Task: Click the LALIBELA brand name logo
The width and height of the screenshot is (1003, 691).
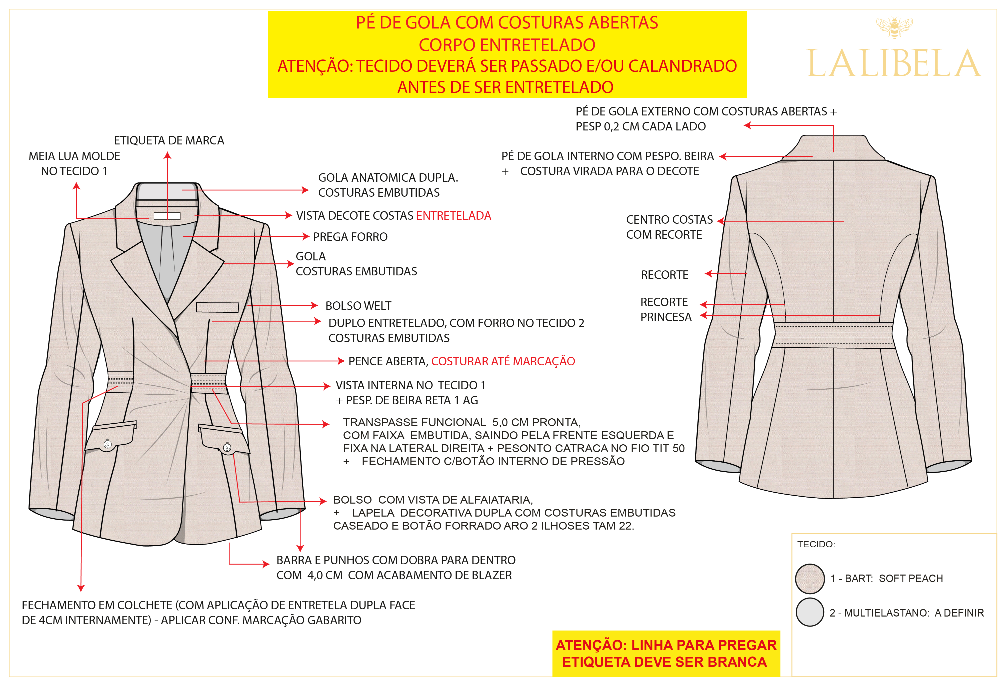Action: click(893, 64)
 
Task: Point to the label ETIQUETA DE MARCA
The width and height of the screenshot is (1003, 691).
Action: click(169, 140)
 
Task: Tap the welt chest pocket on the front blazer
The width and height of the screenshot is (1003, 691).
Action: click(217, 307)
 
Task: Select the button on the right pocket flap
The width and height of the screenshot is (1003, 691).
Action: click(227, 448)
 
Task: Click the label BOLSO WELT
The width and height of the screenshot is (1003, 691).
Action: click(358, 306)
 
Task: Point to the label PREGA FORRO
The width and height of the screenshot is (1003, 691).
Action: click(350, 237)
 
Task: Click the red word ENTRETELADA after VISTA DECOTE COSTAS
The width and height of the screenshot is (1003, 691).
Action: click(453, 216)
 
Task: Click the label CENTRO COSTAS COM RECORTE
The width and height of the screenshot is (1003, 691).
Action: click(669, 227)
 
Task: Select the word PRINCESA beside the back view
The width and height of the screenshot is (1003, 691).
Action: click(666, 317)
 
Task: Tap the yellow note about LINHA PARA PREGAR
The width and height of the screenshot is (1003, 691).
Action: click(666, 653)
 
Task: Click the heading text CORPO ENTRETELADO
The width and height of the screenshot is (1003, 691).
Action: click(507, 44)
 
